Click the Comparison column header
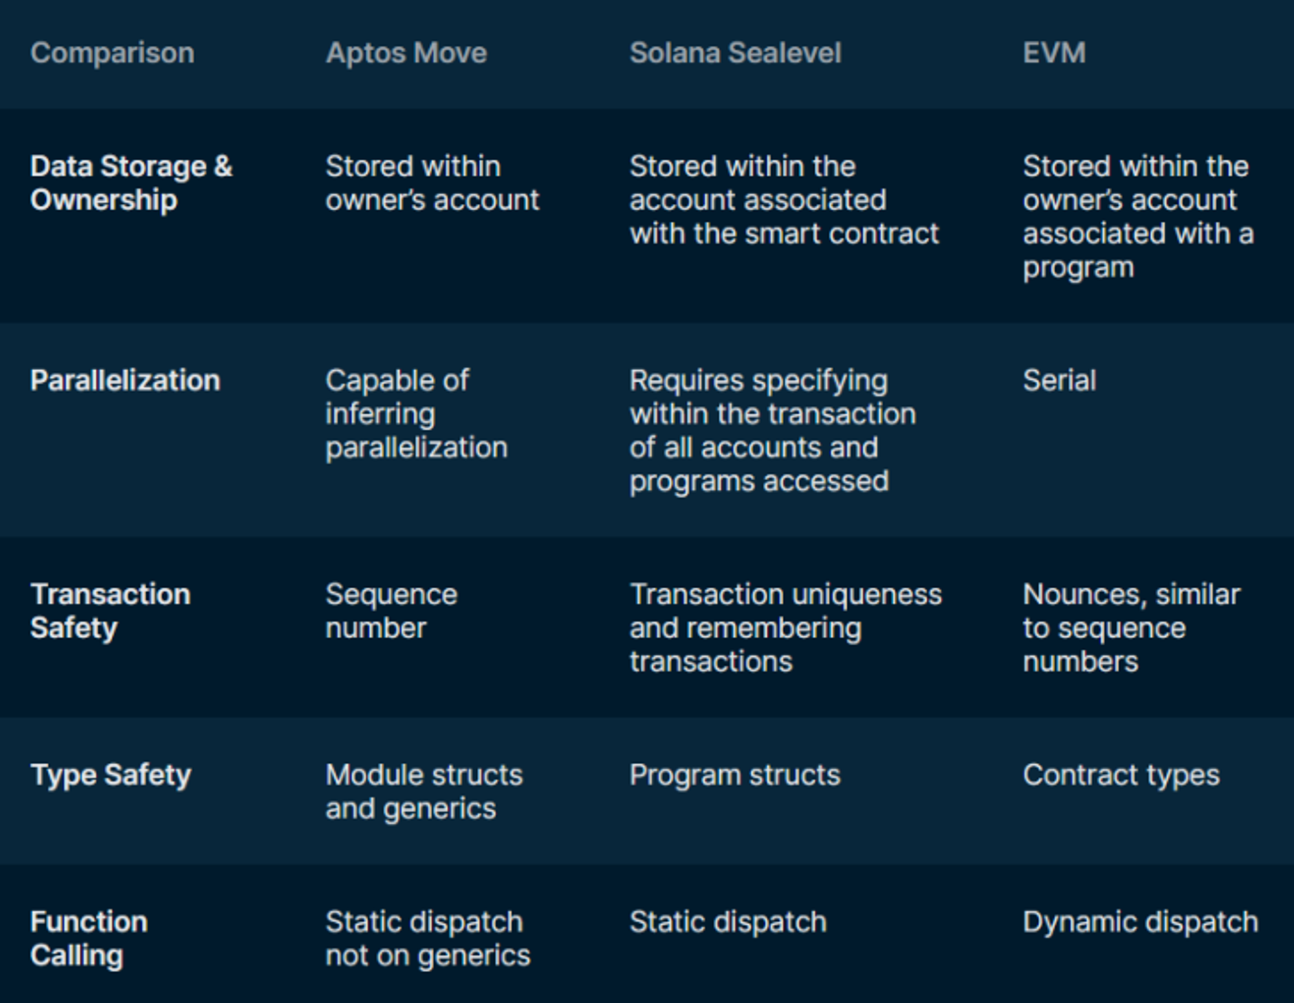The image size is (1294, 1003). coord(113,53)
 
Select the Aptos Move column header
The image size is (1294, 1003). coord(406,53)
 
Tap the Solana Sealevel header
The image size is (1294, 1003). coord(736,53)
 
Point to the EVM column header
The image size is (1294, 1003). coord(1055,53)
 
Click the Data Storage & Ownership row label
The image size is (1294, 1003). coord(131,183)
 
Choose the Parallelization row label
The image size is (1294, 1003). coord(126,380)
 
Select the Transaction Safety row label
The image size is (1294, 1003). coord(111,611)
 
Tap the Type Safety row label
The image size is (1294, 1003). coord(111,775)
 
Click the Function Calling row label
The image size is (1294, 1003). coord(89,938)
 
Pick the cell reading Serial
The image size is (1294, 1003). coord(1060,380)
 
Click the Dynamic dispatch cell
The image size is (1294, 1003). coord(1141,922)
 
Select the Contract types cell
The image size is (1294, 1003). coord(1121,775)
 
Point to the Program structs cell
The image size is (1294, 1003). coord(735,775)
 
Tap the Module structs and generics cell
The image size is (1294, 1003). coord(424,791)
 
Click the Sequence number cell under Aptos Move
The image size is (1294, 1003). coord(391,611)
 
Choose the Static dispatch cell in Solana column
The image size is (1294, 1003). coord(729,922)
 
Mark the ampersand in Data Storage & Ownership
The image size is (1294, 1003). coord(223,167)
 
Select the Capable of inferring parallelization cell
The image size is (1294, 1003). coord(417,414)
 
